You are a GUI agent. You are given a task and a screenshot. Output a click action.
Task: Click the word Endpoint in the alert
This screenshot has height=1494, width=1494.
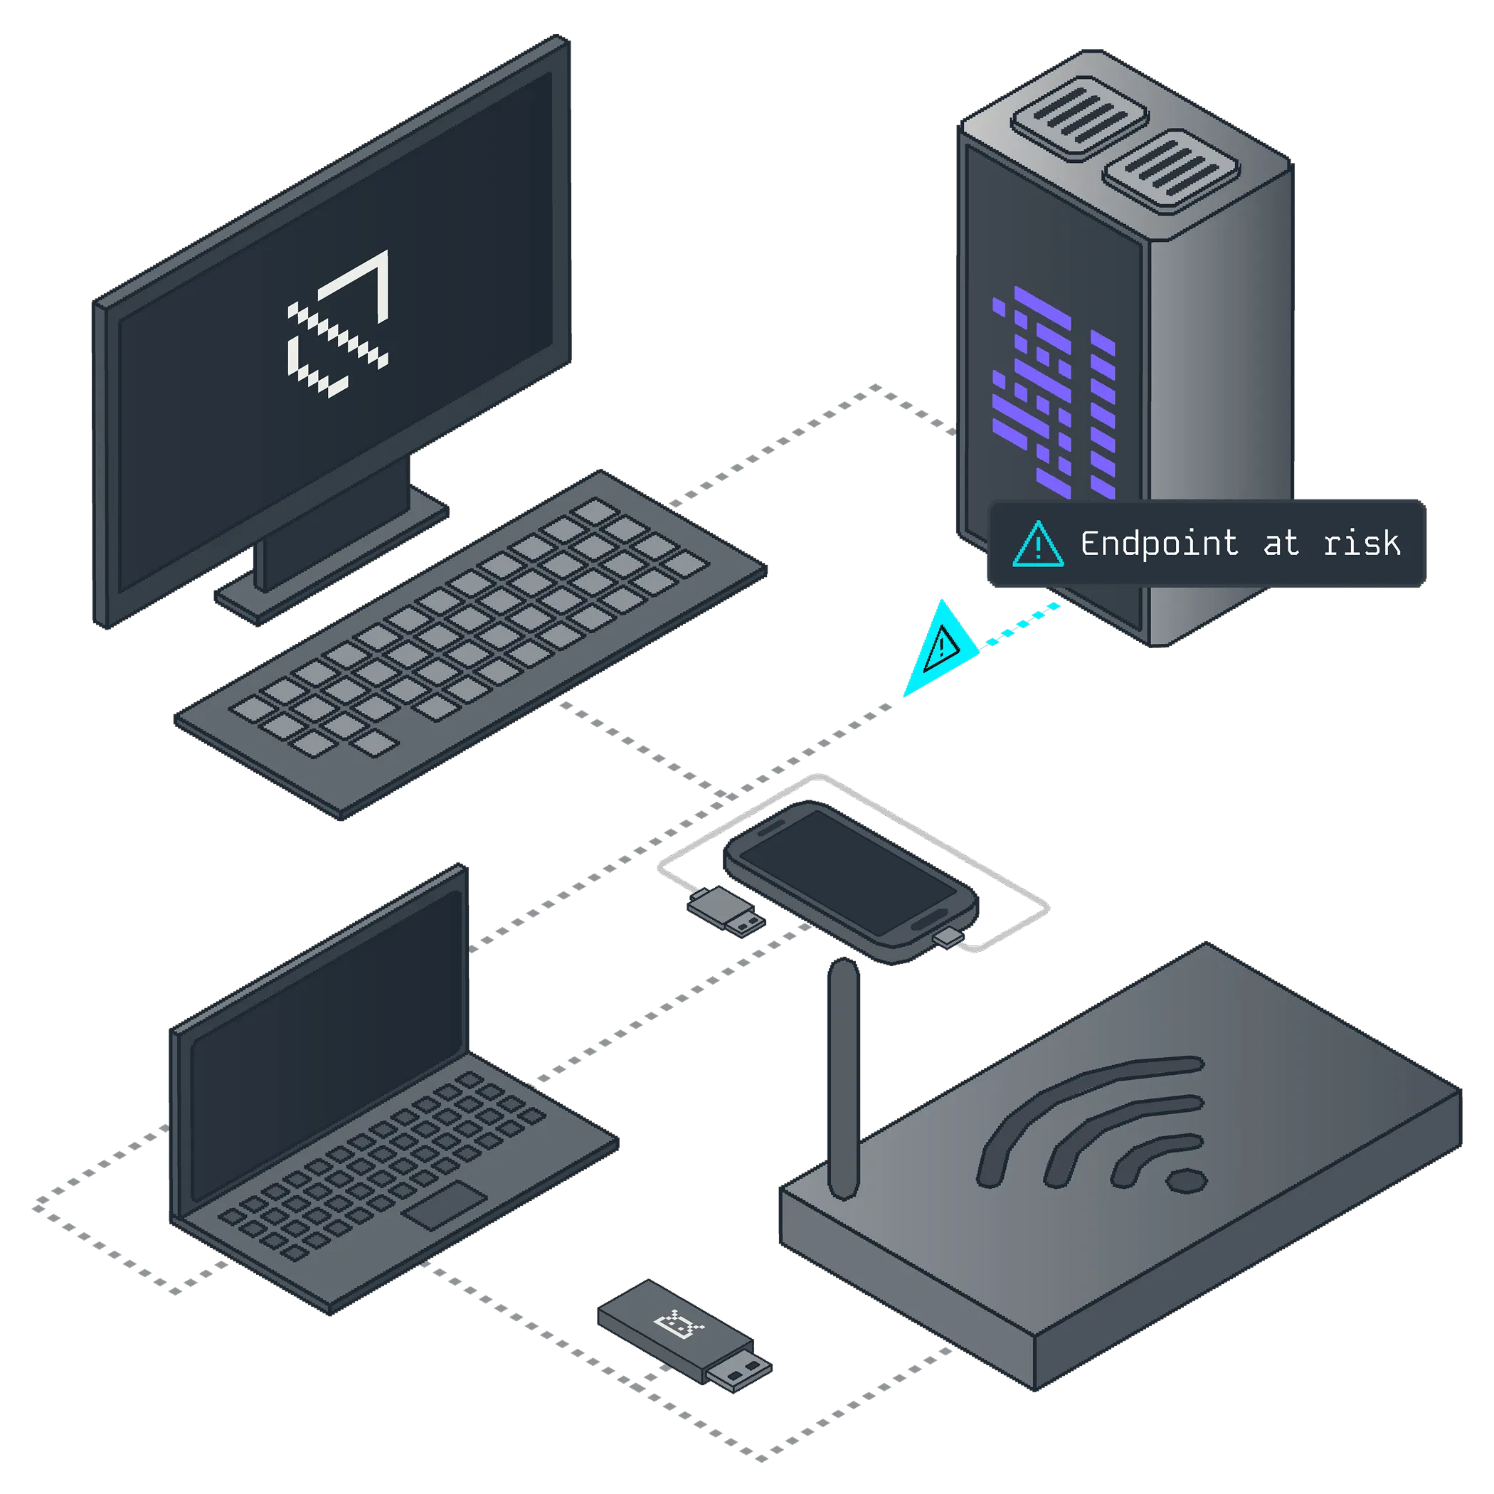1158,544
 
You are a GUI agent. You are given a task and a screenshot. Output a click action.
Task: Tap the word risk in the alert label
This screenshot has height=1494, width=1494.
1362,544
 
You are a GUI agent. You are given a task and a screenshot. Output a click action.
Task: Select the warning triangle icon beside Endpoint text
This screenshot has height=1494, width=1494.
1038,544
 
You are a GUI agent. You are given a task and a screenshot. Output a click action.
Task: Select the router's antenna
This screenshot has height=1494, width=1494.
842,1075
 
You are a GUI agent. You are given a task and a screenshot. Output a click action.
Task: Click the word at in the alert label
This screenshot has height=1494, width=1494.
1281,544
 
